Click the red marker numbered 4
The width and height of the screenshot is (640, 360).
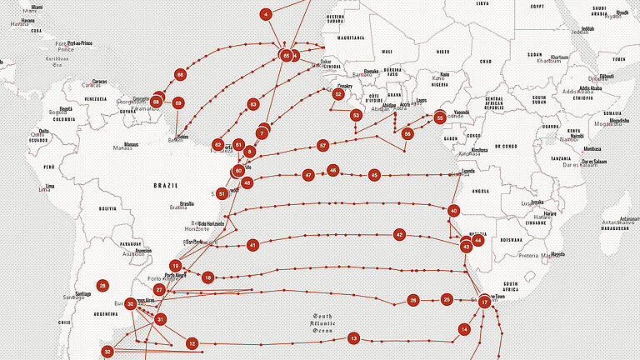[266, 14]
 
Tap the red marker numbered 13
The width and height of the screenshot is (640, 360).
[353, 338]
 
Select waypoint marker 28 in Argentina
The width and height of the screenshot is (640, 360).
[102, 286]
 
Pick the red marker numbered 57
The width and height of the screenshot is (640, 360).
[322, 146]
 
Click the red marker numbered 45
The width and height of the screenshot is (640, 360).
[374, 175]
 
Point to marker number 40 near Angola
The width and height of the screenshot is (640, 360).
[453, 211]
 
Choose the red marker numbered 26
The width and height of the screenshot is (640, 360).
[412, 300]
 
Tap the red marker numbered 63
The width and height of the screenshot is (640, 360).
[252, 105]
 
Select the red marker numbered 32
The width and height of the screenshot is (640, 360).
[107, 352]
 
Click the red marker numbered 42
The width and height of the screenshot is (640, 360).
[399, 235]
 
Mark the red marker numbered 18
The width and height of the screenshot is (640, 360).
[207, 277]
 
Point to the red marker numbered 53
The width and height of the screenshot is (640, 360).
[356, 115]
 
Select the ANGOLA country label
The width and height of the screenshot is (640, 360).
[481, 191]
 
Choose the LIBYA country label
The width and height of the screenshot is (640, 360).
[482, 3]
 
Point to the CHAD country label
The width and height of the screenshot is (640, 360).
[485, 61]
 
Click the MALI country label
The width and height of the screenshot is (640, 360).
[386, 52]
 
